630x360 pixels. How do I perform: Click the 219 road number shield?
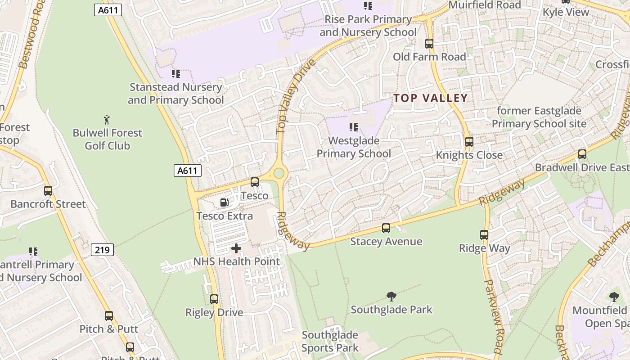pos(102,250)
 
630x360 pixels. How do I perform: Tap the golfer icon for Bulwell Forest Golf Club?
pos(107,120)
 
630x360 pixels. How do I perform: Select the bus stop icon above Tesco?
pos(255,182)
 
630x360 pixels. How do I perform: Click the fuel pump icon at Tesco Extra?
pos(224,202)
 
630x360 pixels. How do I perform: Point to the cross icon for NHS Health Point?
pos(236,248)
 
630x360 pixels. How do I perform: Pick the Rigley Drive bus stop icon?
pos(214,299)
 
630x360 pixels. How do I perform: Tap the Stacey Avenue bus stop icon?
pos(386,228)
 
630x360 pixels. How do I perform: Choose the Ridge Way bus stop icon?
pos(484,235)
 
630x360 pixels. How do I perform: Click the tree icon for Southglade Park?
pos(391,296)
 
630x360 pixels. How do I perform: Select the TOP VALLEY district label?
pos(431,98)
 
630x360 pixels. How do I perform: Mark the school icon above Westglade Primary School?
pos(354,127)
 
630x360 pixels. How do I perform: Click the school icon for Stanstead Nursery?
pos(176,73)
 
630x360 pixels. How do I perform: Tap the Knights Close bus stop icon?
pos(469,142)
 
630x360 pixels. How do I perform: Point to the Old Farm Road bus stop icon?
pos(429,44)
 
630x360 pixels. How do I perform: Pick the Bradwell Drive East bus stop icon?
pos(582,154)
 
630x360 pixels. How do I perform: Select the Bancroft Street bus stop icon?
pos(48,191)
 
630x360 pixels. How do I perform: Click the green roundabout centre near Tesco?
pos(279,173)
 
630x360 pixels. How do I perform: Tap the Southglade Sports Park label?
pos(330,341)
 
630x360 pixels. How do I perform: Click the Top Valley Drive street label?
pos(296,96)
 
